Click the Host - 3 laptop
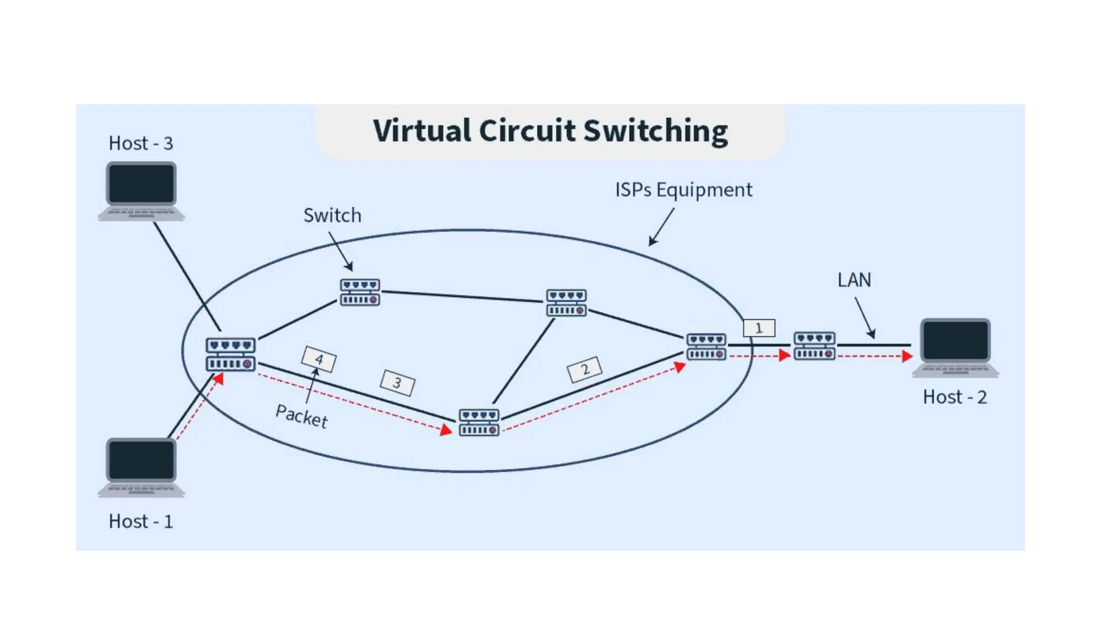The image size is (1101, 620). click(x=141, y=191)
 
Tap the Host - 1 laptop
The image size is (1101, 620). click(x=141, y=467)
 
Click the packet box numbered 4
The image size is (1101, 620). click(x=319, y=359)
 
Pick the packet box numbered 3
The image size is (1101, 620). click(x=397, y=383)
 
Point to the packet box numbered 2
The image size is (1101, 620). click(x=584, y=369)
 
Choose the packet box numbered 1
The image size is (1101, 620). click(x=759, y=328)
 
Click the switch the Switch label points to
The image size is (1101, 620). click(x=360, y=292)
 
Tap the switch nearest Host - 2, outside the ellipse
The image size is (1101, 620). click(x=814, y=346)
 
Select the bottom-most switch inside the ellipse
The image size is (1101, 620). click(x=479, y=422)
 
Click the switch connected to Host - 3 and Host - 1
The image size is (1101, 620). click(x=231, y=354)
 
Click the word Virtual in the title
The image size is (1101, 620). click(x=422, y=131)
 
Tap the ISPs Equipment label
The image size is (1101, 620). click(x=683, y=190)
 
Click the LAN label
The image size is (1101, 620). click(x=854, y=280)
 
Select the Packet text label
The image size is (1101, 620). click(x=302, y=416)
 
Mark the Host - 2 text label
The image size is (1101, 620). click(x=955, y=397)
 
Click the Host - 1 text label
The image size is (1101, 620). click(x=141, y=521)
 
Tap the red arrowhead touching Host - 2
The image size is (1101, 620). click(x=907, y=356)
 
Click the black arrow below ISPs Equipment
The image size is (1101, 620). click(x=661, y=227)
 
